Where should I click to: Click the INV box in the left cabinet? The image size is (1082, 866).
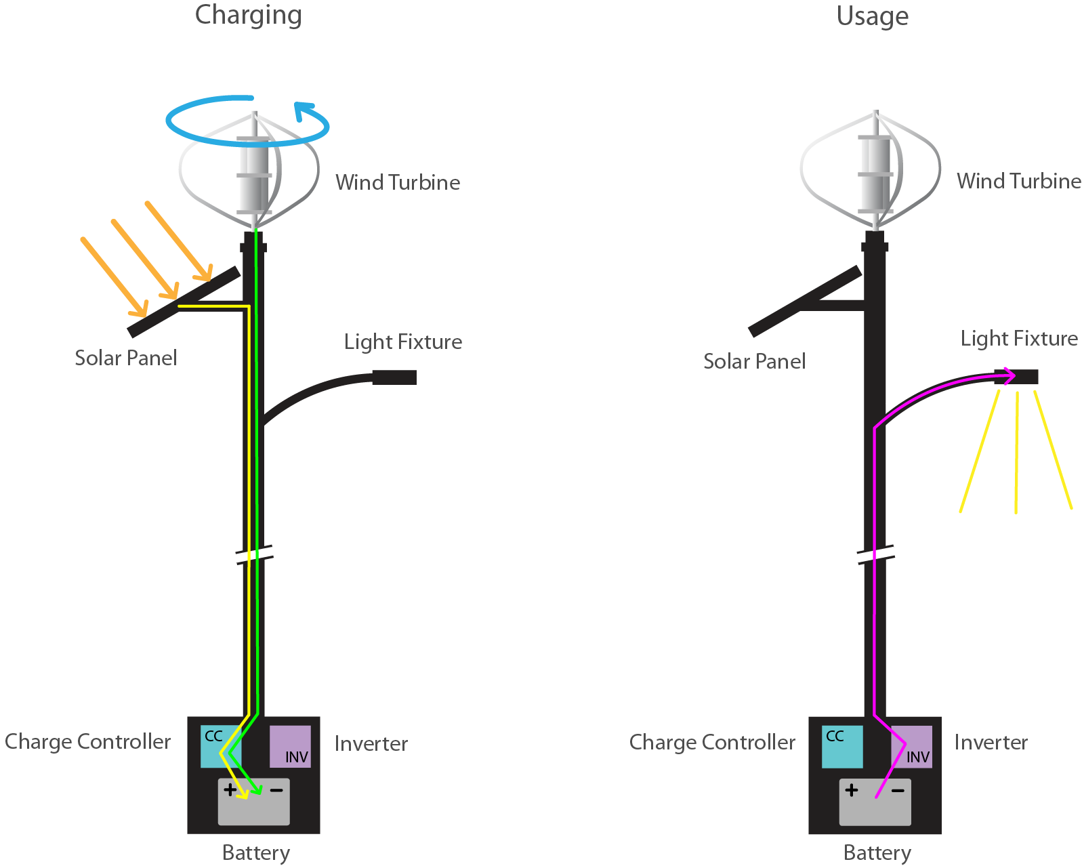290,746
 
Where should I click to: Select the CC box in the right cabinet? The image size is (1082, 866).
842,746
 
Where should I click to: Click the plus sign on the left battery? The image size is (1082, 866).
230,789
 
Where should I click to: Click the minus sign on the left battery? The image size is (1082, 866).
276,790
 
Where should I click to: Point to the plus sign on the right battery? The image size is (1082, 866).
852,790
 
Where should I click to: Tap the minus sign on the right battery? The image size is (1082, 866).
898,791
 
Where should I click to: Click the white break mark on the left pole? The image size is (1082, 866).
258,555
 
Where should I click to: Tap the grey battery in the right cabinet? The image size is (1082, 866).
875,810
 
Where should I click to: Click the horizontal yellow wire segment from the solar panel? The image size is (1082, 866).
213,306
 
